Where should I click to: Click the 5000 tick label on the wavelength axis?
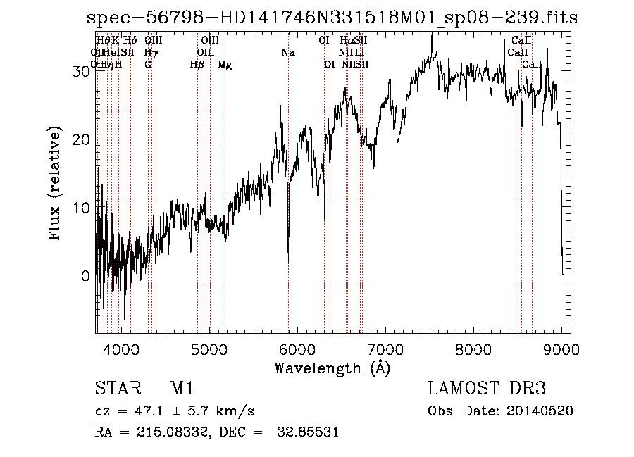point(209,349)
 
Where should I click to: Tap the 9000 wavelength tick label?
point(561,349)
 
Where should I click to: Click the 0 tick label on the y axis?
point(85,276)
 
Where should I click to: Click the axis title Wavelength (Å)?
point(332,368)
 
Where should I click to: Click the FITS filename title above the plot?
point(332,18)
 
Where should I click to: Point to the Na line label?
point(287,53)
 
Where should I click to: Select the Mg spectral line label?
point(225,65)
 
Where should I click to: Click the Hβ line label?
point(197,65)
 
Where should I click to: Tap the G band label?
point(148,65)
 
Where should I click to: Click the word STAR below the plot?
point(117,389)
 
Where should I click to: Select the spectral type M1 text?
point(182,389)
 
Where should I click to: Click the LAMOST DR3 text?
point(487,389)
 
